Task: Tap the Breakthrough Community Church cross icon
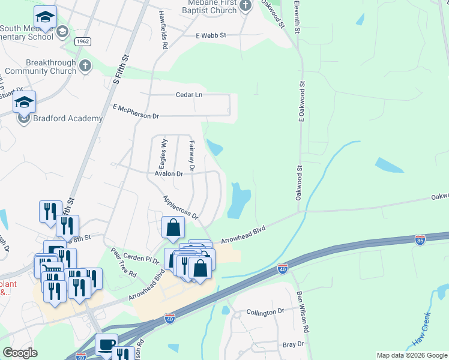[x=85, y=65]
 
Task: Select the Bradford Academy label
[x=68, y=118]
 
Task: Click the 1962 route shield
[x=83, y=41]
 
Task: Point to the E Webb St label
[x=211, y=36]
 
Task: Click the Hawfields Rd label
[x=163, y=29]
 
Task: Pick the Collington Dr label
[x=265, y=312]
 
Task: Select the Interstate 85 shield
[x=420, y=240]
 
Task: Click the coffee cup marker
[x=106, y=344]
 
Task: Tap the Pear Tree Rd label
[x=124, y=262]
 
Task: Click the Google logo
[x=20, y=353]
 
